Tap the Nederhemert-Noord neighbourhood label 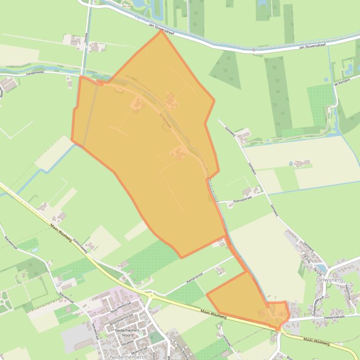coord(127,332)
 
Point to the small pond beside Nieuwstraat coord(35,250)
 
